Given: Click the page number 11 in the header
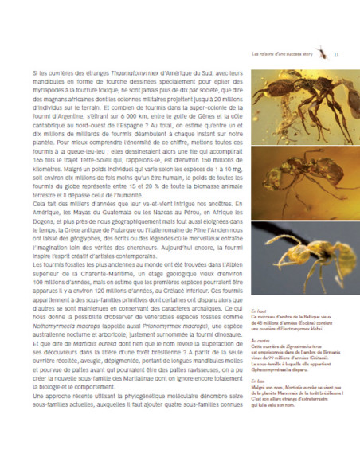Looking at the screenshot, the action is [337, 55].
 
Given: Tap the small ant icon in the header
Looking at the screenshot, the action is [321, 54].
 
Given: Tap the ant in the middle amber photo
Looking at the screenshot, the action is [295, 177].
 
